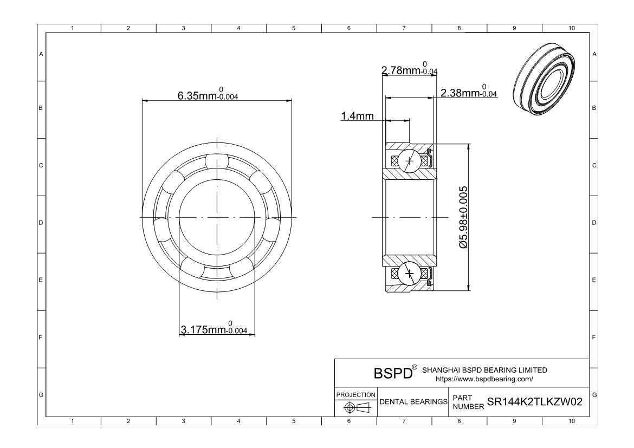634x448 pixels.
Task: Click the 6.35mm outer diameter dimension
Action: (208, 95)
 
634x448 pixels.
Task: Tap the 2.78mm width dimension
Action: (409, 70)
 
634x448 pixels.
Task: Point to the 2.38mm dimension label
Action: (469, 93)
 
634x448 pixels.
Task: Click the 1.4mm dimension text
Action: (357, 116)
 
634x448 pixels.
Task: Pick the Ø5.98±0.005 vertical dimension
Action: (463, 217)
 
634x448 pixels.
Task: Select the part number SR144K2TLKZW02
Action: (535, 402)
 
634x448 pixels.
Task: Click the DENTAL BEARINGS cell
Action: (413, 402)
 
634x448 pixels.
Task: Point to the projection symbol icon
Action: (355, 407)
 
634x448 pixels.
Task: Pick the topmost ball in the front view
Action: (217, 161)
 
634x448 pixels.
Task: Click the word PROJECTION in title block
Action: (355, 394)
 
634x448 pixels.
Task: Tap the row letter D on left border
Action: (41, 223)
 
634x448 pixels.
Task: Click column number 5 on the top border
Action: (294, 28)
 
